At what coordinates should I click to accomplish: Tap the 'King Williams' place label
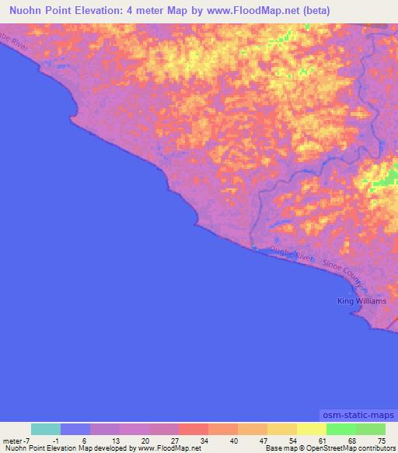pos(361,300)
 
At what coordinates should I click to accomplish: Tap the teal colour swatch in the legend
pos(45,429)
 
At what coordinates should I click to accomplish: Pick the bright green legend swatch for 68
pos(340,429)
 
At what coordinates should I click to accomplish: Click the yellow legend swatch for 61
pos(311,429)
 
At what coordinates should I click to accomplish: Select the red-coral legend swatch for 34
pos(193,429)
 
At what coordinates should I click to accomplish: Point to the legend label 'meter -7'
pos(16,441)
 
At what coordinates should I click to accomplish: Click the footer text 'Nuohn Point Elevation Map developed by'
pos(68,448)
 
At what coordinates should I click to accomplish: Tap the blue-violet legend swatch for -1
pos(75,429)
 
